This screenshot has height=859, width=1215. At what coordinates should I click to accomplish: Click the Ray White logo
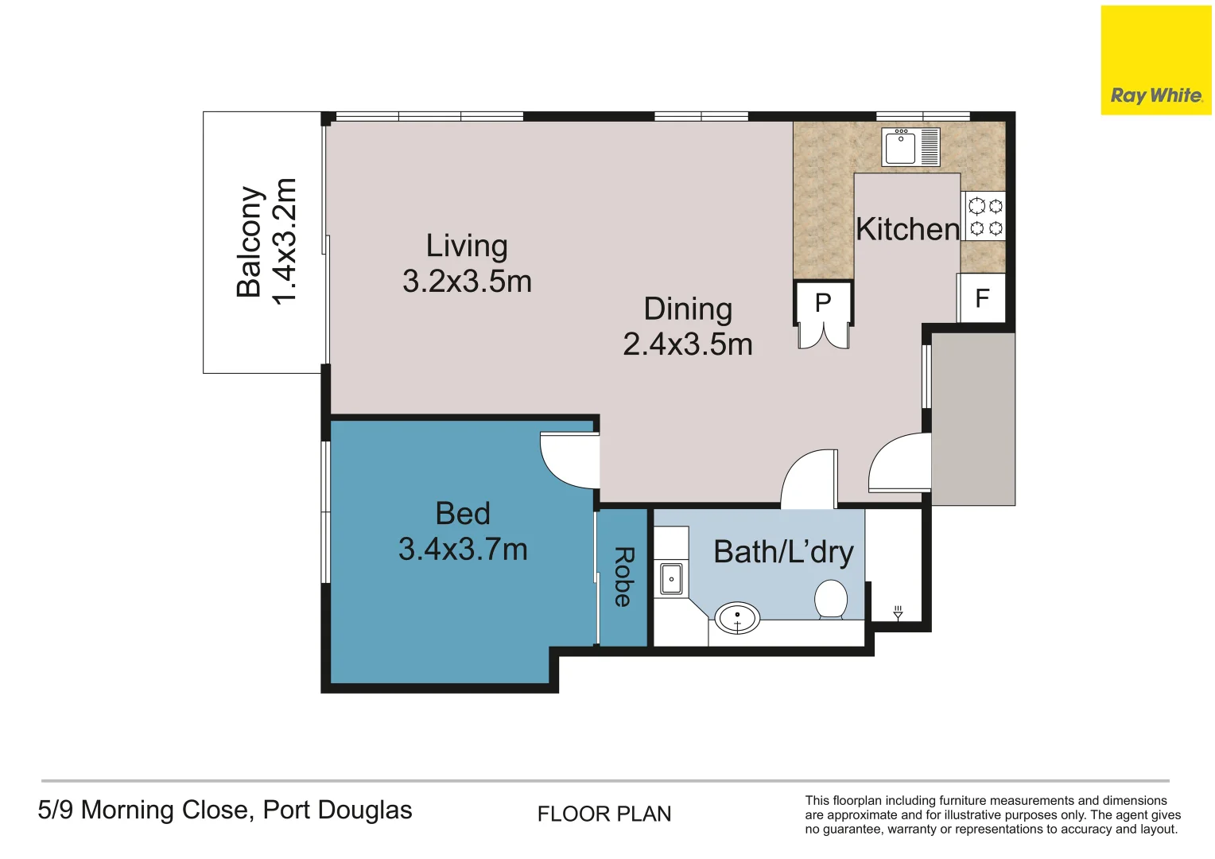pos(1155,61)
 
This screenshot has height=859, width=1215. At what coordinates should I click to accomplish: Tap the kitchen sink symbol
pos(910,147)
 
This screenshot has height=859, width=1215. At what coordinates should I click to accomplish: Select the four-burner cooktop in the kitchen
pos(984,217)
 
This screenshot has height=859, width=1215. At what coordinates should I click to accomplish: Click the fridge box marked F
pos(982,298)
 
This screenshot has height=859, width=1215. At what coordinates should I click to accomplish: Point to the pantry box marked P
pos(823,302)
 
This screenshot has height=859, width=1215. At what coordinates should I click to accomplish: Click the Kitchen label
pos(907,229)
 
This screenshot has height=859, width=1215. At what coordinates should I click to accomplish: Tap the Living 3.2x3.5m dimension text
pos(467,263)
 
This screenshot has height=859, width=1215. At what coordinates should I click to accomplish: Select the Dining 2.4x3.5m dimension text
pos(688,326)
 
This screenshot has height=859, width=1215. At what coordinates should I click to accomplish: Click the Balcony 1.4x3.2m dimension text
pos(266,241)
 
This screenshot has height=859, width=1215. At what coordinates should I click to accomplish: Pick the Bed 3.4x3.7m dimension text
pos(463,531)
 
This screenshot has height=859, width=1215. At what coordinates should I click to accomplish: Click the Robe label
pos(623,577)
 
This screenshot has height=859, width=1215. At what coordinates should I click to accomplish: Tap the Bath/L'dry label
pos(783,552)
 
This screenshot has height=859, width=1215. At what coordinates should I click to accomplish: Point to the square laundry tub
pos(671,579)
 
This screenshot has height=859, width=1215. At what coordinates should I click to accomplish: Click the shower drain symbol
pos(898,612)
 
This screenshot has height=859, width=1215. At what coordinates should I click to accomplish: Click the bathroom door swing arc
pos(807,479)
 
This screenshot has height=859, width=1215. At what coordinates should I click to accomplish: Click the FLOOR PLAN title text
pos(604,814)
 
